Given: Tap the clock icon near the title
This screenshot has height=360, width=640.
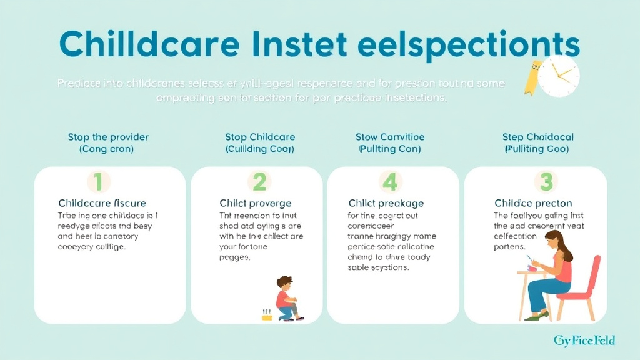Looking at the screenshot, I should point(558,76).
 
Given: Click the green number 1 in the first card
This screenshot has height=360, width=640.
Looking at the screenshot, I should point(97,182).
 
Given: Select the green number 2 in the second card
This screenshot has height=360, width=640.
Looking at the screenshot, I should point(259,182).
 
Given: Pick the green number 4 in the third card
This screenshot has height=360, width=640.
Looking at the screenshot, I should point(390,182).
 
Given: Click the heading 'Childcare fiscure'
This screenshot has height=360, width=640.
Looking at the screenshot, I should point(102,203).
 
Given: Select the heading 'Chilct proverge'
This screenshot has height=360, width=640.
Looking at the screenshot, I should point(255,203).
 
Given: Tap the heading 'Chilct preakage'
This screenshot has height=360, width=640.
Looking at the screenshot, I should point(386,203).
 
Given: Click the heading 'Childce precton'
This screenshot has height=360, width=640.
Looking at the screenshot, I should point(533,203).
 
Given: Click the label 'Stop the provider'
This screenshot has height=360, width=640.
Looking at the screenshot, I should point(108,137).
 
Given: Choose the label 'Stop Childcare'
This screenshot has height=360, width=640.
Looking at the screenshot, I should point(259,137).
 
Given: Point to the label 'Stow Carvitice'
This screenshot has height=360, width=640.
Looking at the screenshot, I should point(389,137).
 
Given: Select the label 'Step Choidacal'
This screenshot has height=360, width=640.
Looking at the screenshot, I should point(537,137).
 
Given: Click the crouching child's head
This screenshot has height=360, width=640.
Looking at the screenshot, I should point(285,283).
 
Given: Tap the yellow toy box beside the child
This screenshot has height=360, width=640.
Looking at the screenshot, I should point(268,316).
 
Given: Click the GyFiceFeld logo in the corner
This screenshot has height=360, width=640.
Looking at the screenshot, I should point(584,341).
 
